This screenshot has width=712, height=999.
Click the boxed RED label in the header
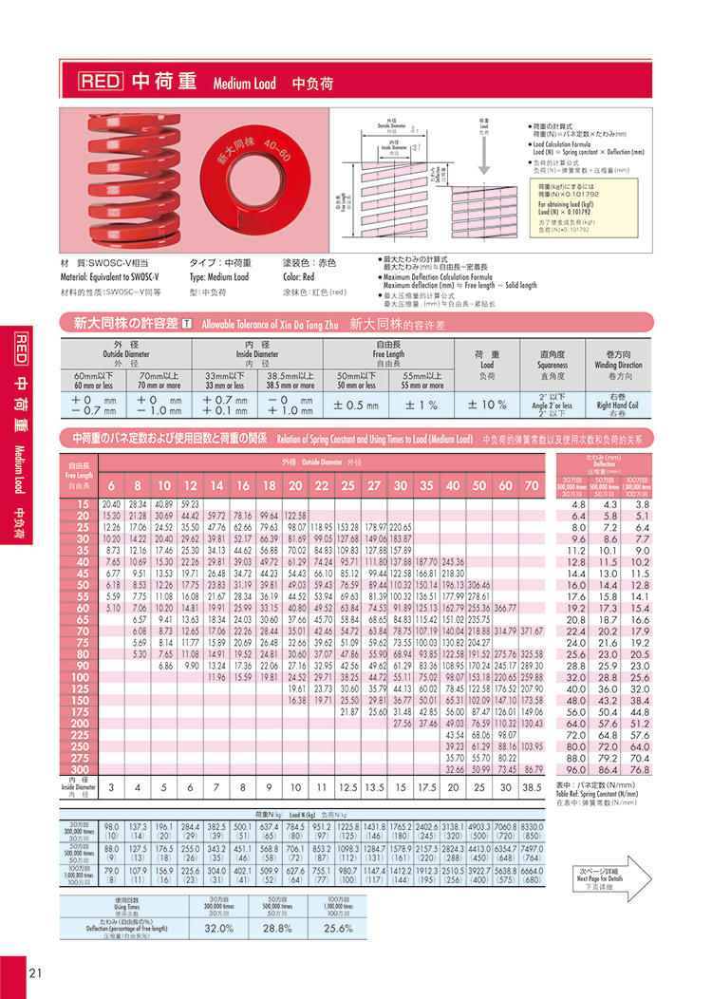coord(100,82)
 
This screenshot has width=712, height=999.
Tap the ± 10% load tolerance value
coord(488,404)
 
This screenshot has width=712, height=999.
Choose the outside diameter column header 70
coord(531,484)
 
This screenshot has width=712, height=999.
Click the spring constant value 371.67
coord(531,631)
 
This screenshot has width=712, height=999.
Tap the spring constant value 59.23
coord(190,503)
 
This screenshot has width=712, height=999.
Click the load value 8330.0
coord(532,827)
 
